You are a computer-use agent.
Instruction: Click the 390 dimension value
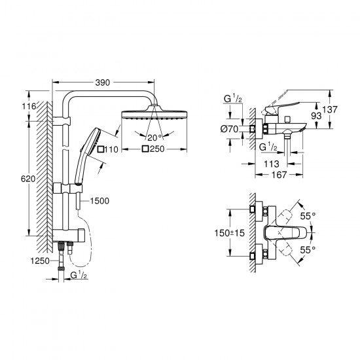click(103, 82)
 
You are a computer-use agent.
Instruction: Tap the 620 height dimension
click(28, 179)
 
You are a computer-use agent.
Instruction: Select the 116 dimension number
click(29, 106)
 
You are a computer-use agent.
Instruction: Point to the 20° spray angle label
click(154, 137)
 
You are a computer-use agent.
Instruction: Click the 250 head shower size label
click(157, 149)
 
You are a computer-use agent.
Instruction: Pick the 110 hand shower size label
click(111, 149)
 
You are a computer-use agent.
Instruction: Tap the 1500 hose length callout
click(99, 201)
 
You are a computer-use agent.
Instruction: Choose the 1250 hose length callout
click(40, 261)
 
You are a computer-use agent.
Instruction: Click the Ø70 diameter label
click(230, 129)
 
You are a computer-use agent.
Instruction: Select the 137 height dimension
click(330, 109)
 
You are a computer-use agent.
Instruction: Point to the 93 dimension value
click(316, 116)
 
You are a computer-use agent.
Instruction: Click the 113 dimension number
click(272, 164)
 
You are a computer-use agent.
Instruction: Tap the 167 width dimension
click(279, 175)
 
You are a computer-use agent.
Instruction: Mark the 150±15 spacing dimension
click(230, 233)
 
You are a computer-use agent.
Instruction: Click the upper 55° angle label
click(308, 216)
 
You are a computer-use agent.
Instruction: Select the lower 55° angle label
click(308, 249)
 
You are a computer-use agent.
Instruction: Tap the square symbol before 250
click(145, 149)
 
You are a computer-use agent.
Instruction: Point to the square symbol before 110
click(101, 149)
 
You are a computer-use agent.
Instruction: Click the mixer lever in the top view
click(285, 233)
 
